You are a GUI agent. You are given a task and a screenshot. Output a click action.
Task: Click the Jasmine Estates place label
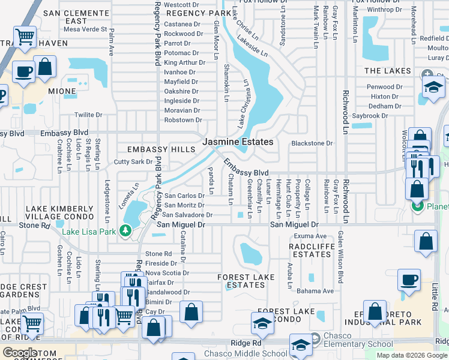[x=238, y=142]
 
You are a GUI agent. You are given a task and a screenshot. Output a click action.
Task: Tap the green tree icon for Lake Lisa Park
[x=125, y=230]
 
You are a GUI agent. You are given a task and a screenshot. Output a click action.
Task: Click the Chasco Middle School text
[x=251, y=354]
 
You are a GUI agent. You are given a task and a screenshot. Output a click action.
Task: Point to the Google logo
[x=20, y=353]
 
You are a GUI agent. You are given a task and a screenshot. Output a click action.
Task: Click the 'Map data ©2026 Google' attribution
[x=412, y=355]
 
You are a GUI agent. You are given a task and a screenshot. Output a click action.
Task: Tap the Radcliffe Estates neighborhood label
[x=310, y=250]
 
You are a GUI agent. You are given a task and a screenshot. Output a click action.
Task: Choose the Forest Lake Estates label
[x=246, y=281]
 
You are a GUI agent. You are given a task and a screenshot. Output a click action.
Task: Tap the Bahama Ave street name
[x=315, y=291]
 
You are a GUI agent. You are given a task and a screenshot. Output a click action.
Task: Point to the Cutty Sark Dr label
[x=133, y=162]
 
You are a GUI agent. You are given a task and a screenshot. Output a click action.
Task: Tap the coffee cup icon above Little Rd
[x=409, y=280]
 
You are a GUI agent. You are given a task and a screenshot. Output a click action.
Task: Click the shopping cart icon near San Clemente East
[x=25, y=37]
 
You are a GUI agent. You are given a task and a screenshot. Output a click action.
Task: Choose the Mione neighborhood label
[x=62, y=92]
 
